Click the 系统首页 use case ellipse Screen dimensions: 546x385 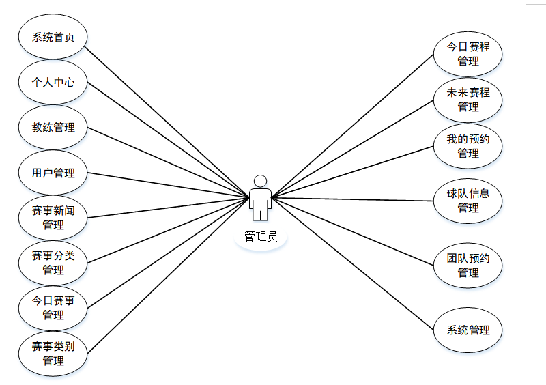53,37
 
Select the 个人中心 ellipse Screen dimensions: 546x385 53,83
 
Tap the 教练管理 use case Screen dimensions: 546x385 53,128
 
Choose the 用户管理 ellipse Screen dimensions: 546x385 53,173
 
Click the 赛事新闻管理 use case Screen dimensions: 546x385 53,218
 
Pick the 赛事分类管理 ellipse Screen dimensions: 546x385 53,263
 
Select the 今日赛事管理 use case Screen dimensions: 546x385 53,308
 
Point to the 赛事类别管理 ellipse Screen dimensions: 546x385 53,353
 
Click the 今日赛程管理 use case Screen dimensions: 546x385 468,54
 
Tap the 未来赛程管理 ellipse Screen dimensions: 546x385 468,100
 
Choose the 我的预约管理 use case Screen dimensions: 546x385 468,146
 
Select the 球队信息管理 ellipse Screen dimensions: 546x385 468,201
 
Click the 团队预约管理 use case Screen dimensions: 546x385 468,266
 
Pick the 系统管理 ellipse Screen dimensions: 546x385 468,330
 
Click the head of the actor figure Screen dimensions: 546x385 259,181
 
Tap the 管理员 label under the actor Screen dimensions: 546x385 260,237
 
